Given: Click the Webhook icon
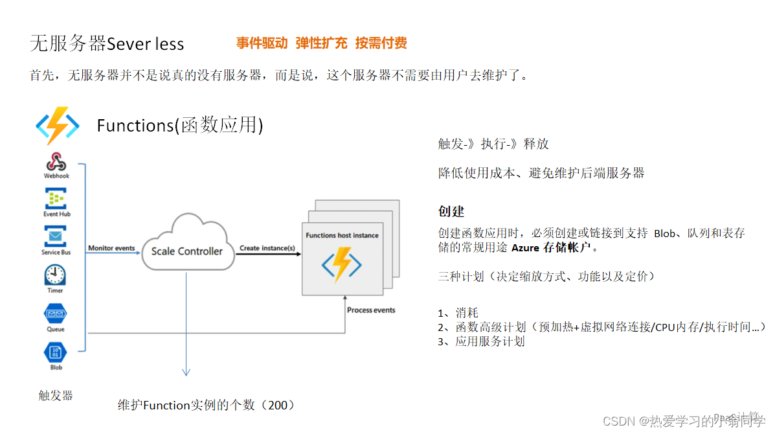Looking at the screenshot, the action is pyautogui.click(x=56, y=161).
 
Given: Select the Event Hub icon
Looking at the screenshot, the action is pyautogui.click(x=56, y=198).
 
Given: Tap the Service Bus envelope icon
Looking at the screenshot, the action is pyautogui.click(x=56, y=236).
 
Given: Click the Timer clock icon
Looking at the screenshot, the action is pyautogui.click(x=56, y=275).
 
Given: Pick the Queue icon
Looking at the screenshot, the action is pyautogui.click(x=56, y=314).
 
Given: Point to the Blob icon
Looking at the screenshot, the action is pyautogui.click(x=56, y=352).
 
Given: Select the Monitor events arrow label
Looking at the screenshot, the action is pyautogui.click(x=111, y=248).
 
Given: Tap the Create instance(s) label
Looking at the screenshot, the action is pyautogui.click(x=267, y=248).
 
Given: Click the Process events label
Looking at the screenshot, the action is pyautogui.click(x=371, y=310).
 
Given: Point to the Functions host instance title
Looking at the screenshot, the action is pyautogui.click(x=342, y=235).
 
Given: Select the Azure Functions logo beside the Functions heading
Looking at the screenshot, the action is pyautogui.click(x=57, y=125).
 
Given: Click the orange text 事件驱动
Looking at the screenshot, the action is pyautogui.click(x=262, y=43).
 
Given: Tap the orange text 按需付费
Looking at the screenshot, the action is pyautogui.click(x=381, y=43).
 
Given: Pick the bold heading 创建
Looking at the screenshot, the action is pyautogui.click(x=451, y=212).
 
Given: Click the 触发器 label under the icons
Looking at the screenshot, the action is pyautogui.click(x=56, y=395).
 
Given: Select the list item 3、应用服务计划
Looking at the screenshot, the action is pyautogui.click(x=481, y=341).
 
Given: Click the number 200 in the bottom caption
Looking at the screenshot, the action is pyautogui.click(x=276, y=405).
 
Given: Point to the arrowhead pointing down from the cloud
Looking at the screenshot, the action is pyautogui.click(x=186, y=372).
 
